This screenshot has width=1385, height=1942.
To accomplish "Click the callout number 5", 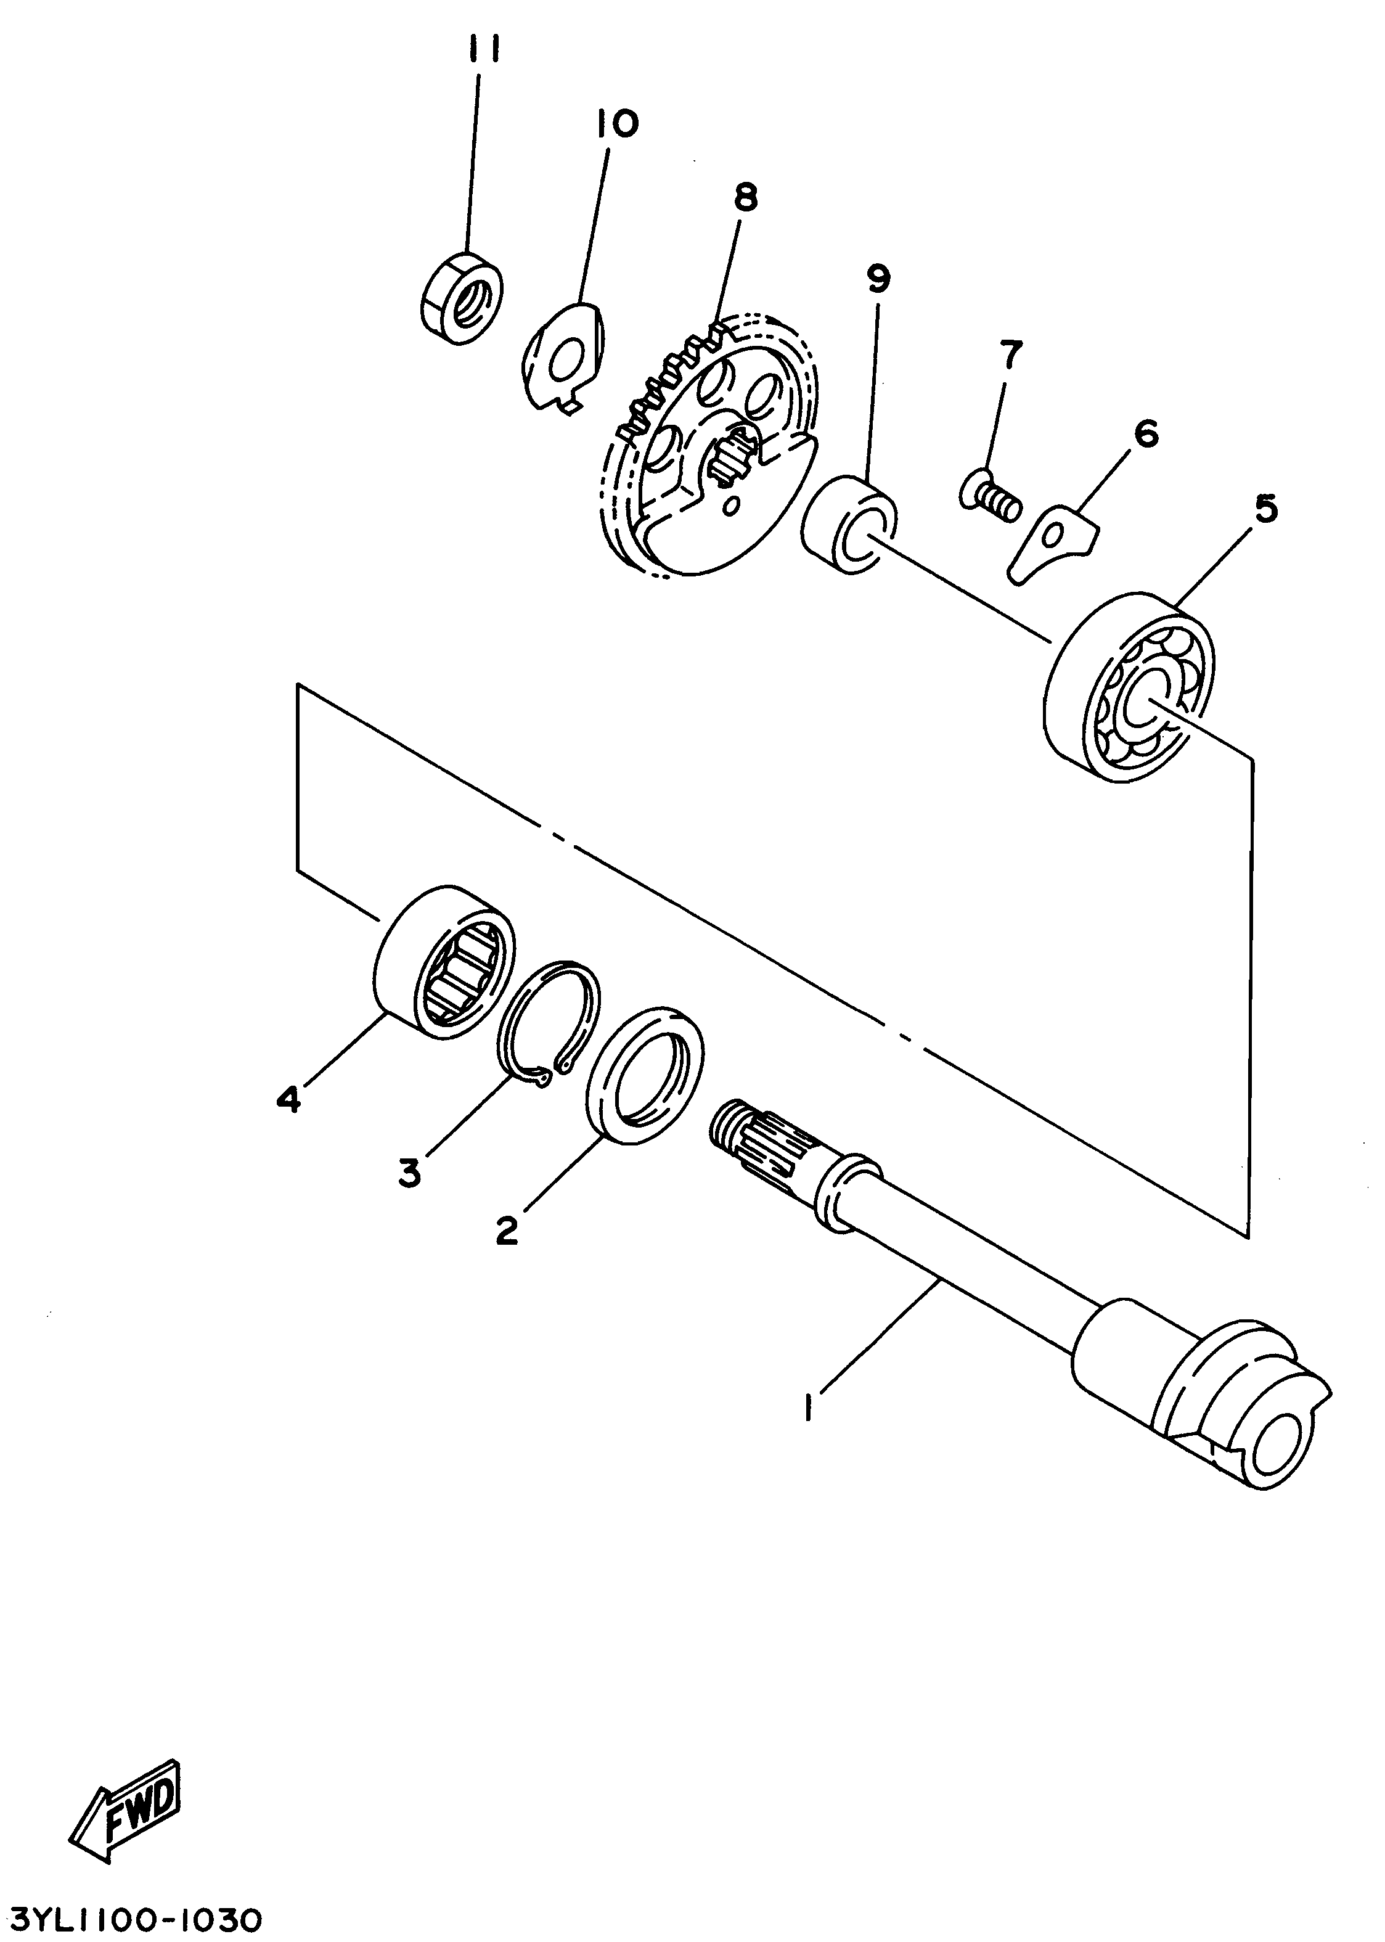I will pyautogui.click(x=1265, y=509).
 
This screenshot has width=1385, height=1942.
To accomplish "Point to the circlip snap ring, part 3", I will pyautogui.click(x=549, y=1023).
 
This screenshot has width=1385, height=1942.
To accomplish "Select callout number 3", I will pyautogui.click(x=411, y=1174).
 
